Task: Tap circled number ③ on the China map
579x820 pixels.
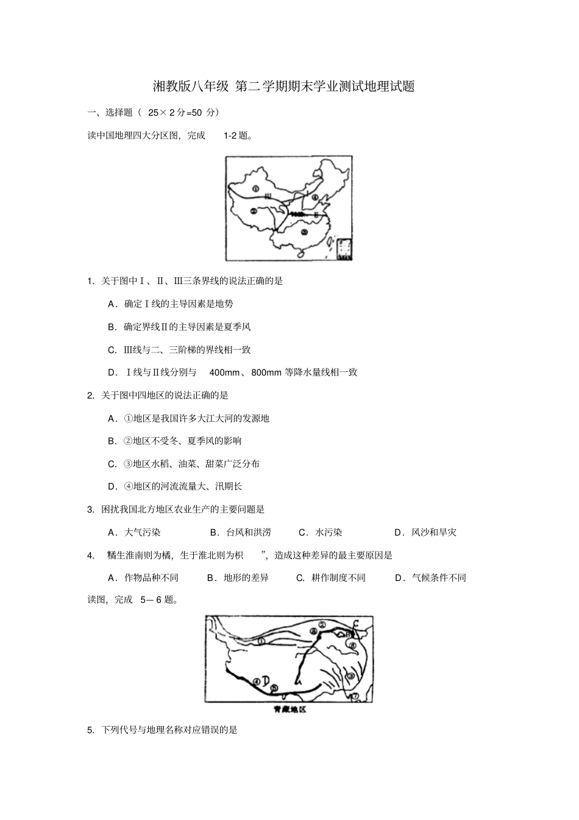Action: click(303, 231)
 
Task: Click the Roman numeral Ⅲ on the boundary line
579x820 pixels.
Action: click(268, 196)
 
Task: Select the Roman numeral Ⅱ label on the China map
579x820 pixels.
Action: click(316, 215)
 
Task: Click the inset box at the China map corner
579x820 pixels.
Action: click(344, 249)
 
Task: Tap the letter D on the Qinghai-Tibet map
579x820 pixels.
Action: click(266, 681)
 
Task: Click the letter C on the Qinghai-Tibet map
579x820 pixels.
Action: click(355, 622)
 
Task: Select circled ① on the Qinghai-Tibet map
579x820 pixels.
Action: click(260, 641)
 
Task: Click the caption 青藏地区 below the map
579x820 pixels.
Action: click(289, 710)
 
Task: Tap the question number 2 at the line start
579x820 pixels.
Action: click(90, 395)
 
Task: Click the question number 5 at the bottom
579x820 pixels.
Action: click(90, 729)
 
